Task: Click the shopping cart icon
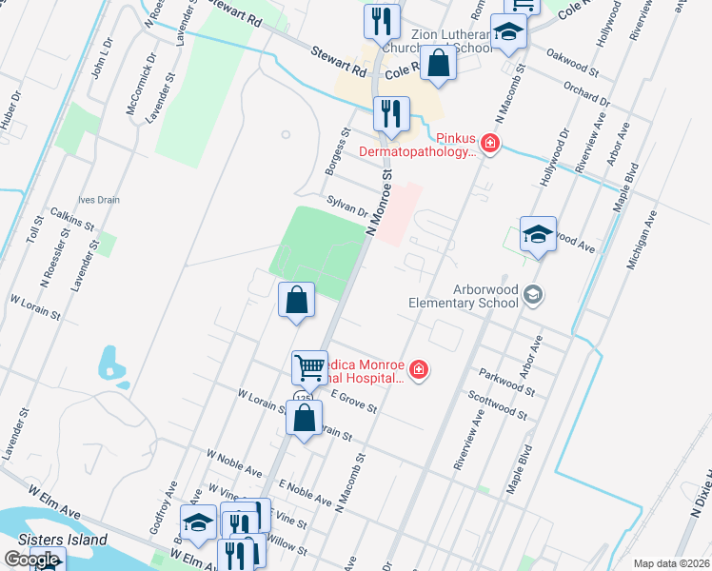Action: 309,365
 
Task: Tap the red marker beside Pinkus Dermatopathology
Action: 489,145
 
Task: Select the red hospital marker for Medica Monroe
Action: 418,370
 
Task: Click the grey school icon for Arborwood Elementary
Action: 533,295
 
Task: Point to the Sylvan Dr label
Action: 346,207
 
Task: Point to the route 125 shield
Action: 303,396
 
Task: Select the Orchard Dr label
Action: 586,94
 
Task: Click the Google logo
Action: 31,561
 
